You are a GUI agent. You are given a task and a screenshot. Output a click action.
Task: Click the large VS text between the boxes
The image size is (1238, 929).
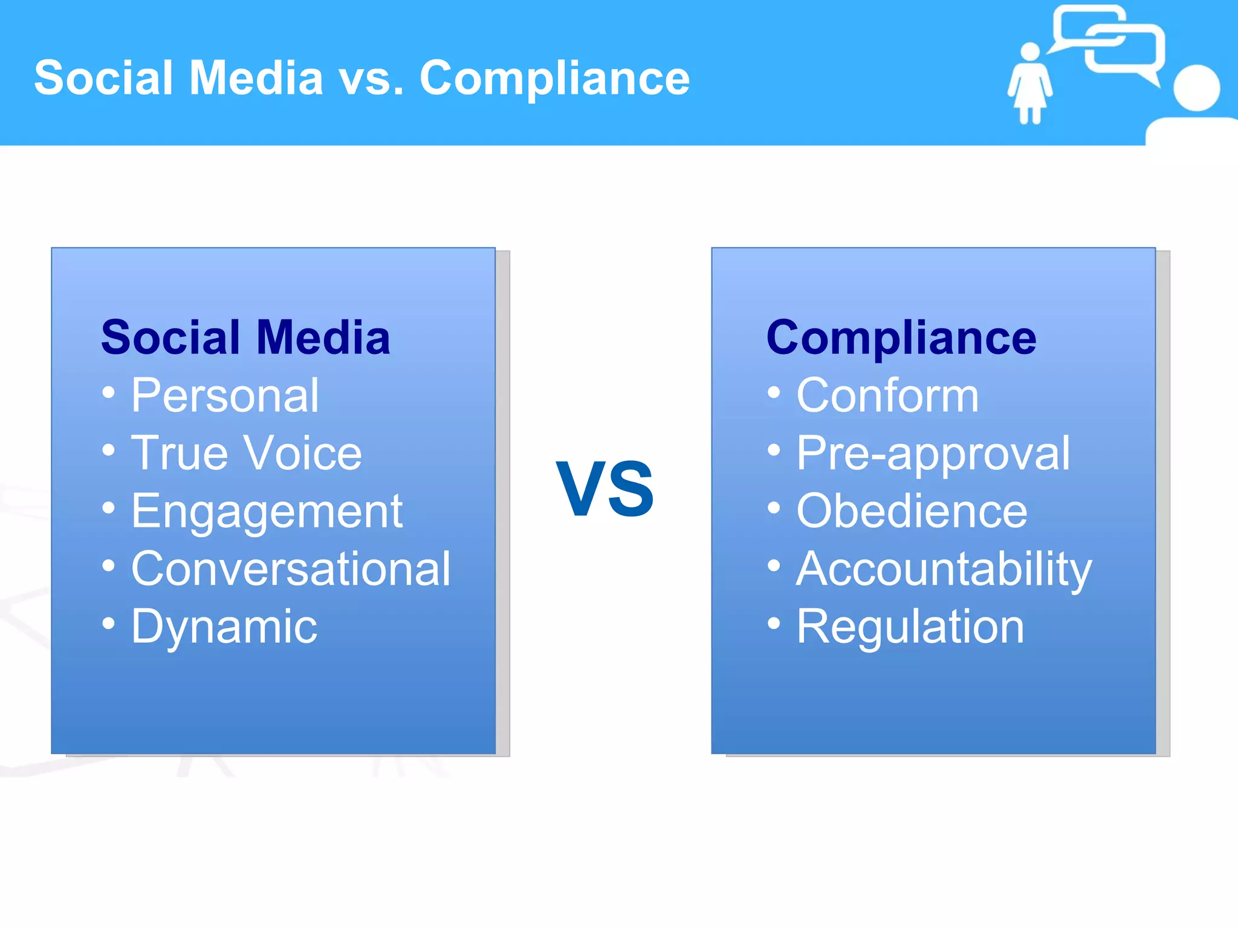point(604,488)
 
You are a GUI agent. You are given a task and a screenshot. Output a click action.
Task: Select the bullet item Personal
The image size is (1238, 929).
point(225,396)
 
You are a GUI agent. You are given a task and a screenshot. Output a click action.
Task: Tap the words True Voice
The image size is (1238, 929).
point(247,453)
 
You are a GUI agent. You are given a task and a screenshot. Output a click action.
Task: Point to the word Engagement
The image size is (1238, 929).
point(267,512)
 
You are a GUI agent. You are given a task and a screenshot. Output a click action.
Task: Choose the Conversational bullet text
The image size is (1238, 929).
point(291,569)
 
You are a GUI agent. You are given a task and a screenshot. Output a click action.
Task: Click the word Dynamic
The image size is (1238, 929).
point(224,627)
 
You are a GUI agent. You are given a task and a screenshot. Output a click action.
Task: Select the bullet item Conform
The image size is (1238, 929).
point(887,396)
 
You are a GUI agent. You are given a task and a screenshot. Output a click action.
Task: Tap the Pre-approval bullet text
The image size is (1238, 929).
point(933,453)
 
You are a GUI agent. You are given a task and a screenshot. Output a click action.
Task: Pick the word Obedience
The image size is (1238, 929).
point(912,512)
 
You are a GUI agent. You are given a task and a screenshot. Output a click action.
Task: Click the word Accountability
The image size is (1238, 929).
point(944,569)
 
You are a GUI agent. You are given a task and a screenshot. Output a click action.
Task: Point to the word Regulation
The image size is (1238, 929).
point(910,627)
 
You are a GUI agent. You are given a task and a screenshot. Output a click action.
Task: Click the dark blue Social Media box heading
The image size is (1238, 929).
point(245,337)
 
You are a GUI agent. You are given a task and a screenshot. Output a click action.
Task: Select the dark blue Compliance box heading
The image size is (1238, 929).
point(901,337)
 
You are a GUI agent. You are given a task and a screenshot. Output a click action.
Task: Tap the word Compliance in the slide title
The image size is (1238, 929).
point(554,78)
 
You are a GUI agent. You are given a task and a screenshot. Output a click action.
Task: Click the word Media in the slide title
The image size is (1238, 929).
point(256,78)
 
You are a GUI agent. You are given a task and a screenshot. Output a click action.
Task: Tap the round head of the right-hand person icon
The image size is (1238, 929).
point(1196,88)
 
